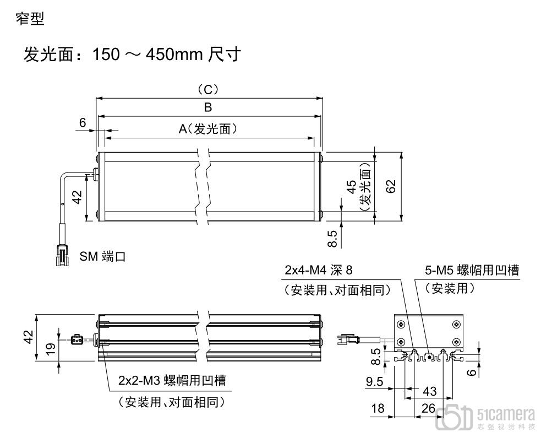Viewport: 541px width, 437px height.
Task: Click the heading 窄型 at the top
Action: click(x=31, y=19)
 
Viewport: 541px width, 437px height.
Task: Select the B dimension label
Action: click(x=208, y=107)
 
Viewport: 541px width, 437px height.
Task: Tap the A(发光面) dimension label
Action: click(x=207, y=128)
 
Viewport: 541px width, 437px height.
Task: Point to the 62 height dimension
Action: click(x=391, y=187)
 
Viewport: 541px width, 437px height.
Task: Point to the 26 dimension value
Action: click(x=428, y=408)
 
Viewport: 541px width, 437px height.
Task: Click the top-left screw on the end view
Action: click(x=402, y=323)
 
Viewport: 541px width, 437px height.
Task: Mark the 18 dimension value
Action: click(x=378, y=408)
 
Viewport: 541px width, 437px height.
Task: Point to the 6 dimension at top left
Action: click(x=83, y=122)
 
